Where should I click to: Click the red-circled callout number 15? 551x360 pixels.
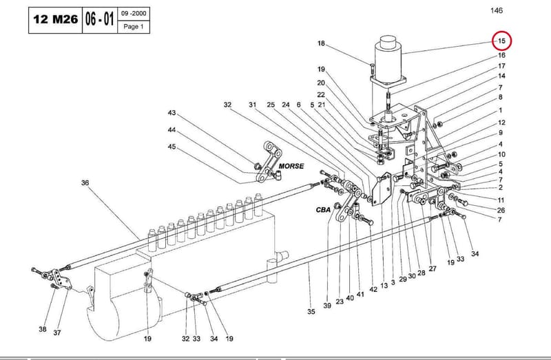click(501, 41)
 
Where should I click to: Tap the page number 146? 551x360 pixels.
click(497, 10)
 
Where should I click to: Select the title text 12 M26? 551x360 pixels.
click(56, 19)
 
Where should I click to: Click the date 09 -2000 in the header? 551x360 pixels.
click(134, 14)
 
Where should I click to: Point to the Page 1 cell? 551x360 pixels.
click(134, 26)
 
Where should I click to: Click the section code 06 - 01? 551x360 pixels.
click(100, 19)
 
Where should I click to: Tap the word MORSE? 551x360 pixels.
click(291, 166)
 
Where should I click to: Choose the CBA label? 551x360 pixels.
click(323, 210)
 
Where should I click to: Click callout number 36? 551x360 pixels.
click(85, 182)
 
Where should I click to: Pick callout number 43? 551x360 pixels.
click(171, 113)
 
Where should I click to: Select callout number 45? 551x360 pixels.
click(171, 147)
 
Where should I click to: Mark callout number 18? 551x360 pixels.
click(321, 43)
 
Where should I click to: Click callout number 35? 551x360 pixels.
click(311, 311)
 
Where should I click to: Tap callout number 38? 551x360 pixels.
click(43, 329)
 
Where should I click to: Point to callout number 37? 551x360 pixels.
click(57, 332)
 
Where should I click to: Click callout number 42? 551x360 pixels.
click(373, 289)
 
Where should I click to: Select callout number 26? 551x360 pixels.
click(501, 210)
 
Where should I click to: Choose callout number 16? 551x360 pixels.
click(501, 55)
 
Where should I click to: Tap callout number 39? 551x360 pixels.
click(327, 306)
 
